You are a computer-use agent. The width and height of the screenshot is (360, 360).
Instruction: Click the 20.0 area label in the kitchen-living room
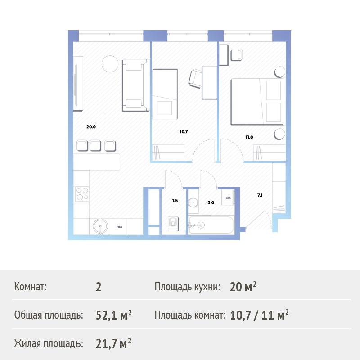91,127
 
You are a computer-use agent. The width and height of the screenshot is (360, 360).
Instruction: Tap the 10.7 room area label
184,132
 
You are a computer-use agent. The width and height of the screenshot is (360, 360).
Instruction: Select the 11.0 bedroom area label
249,137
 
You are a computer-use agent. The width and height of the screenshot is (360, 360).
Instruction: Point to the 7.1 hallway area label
260,195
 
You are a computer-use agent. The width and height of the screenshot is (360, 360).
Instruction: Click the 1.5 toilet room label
175,201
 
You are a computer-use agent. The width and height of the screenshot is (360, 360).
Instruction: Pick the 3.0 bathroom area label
211,203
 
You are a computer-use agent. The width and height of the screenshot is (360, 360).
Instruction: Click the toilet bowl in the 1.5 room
173,223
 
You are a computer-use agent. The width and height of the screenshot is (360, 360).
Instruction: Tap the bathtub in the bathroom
211,225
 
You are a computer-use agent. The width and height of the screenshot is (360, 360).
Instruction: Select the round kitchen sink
100,227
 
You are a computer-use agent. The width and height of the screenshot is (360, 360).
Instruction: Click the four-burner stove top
82,194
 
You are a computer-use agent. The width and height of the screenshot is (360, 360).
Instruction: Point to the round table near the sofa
110,64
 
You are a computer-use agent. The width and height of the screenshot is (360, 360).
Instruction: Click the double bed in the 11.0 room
257,102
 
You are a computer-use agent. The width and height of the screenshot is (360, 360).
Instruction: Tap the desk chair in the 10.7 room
195,79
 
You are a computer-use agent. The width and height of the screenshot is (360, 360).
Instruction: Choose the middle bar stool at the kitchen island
95,145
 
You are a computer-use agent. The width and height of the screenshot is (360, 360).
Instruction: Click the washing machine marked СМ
228,198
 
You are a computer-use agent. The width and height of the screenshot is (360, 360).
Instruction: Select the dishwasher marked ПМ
119,227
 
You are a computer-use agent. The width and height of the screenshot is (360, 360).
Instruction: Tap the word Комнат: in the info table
30,287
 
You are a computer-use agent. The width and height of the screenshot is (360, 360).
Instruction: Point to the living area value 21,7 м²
113,343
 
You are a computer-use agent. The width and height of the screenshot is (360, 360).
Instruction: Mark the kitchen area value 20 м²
243,287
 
